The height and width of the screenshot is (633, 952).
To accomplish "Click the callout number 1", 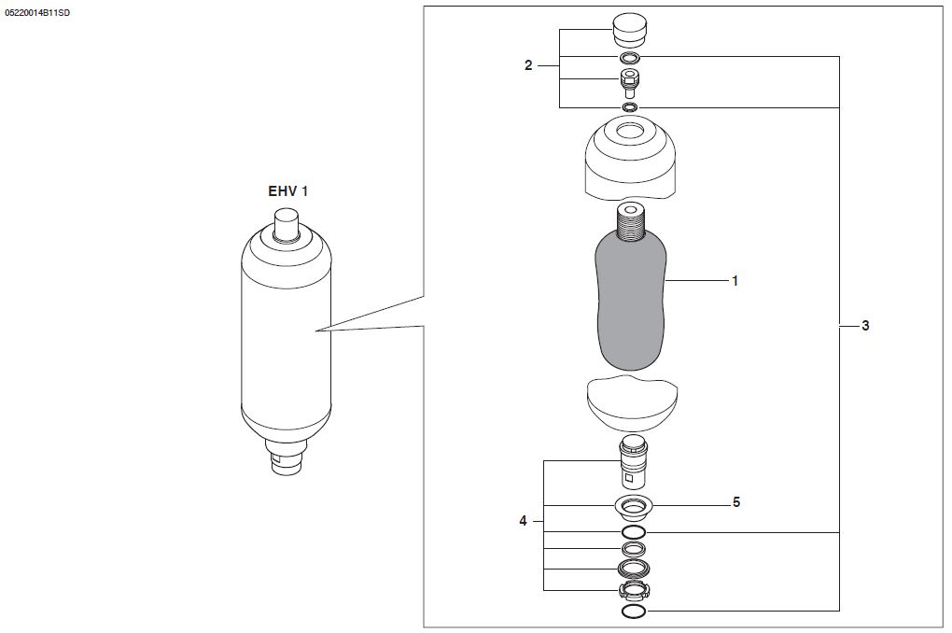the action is tap(735, 281).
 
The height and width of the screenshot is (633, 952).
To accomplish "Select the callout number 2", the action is tap(528, 65).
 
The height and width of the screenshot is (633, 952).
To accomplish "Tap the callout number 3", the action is tap(865, 326).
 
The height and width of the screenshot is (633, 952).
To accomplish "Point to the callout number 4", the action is tap(523, 521).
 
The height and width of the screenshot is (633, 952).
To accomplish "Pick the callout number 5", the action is tap(736, 502).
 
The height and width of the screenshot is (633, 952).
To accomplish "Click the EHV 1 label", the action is tap(287, 191).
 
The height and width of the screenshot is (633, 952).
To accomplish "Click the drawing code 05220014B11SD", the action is tap(37, 13).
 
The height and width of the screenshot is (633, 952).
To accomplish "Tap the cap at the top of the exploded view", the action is tap(630, 31).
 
